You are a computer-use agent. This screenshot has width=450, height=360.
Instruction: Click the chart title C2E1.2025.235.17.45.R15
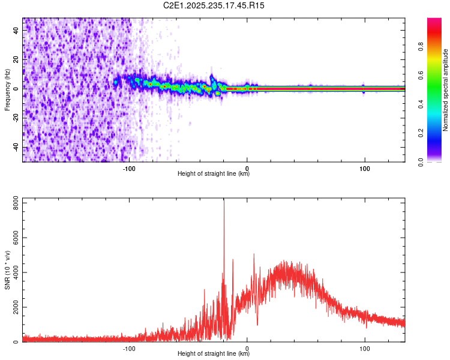[x=214, y=5]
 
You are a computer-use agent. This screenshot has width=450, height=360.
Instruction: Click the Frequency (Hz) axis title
[x=7, y=89]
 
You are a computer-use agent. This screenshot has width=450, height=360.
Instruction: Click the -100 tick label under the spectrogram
[x=130, y=169]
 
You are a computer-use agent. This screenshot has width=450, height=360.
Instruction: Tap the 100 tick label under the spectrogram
[x=364, y=169]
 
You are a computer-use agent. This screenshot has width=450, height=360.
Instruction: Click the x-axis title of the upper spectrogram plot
[x=214, y=174]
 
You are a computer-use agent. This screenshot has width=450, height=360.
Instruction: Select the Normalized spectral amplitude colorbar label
[x=445, y=90]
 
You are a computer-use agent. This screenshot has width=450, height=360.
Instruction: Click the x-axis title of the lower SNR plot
[x=214, y=354]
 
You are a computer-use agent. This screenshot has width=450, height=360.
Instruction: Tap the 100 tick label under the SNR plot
[x=364, y=349]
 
